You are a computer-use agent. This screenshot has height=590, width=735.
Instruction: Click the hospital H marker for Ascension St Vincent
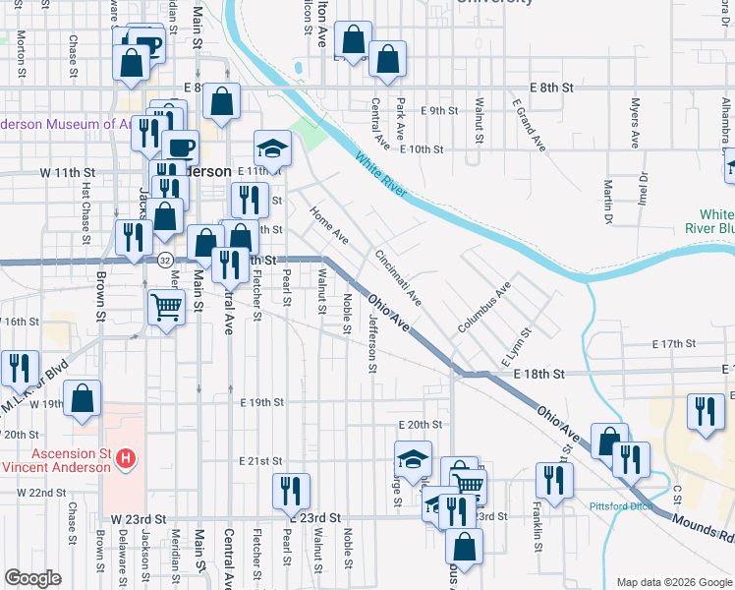pyautogui.click(x=126, y=457)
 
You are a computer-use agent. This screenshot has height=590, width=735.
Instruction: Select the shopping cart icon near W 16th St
pyautogui.click(x=166, y=307)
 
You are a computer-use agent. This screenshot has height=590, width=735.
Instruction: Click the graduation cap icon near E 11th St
pyautogui.click(x=272, y=148)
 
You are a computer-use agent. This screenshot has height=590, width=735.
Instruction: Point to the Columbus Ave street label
pyautogui.click(x=484, y=307)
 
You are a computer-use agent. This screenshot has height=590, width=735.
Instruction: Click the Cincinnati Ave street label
pyautogui.click(x=397, y=276)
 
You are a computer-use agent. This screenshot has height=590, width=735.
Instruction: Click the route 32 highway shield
pyautogui.click(x=165, y=260)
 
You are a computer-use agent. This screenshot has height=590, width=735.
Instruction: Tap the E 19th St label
pyautogui.click(x=261, y=402)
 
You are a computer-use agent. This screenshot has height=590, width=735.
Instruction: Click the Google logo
pyautogui.click(x=33, y=578)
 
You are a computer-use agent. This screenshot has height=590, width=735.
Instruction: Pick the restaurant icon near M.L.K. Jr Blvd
pyautogui.click(x=20, y=369)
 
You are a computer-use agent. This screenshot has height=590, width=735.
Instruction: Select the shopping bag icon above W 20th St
pyautogui.click(x=84, y=400)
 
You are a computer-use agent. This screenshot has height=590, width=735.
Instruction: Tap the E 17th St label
pyautogui.click(x=673, y=344)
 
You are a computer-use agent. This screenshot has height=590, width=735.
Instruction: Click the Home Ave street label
pyautogui.click(x=329, y=225)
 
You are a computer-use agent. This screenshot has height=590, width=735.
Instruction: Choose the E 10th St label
pyautogui.click(x=424, y=149)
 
